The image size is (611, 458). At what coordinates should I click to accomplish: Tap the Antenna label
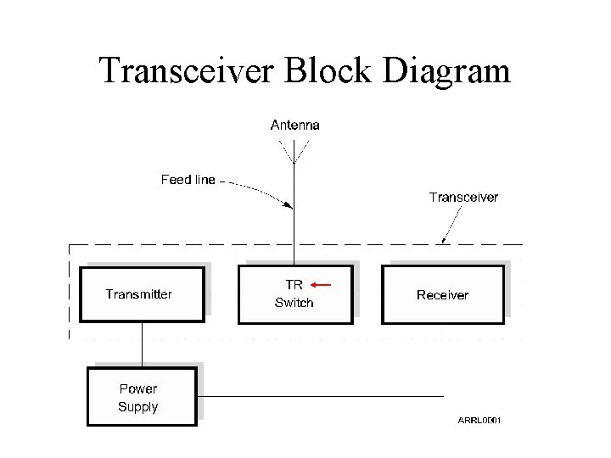[294, 125]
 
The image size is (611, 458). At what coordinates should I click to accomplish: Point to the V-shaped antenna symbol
[294, 151]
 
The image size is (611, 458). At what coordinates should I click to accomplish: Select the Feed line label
[188, 180]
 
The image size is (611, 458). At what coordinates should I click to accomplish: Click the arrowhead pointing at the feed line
[289, 204]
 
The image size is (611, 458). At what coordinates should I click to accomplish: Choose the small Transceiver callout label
[463, 197]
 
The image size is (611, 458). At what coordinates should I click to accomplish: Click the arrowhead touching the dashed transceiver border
[444, 243]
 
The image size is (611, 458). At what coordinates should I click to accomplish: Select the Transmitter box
[143, 294]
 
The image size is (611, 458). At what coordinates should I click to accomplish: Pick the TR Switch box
[294, 294]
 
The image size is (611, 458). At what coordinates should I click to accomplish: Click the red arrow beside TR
[320, 285]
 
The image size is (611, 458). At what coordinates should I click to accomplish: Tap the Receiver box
[442, 294]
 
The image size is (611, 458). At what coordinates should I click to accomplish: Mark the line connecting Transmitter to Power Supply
[142, 344]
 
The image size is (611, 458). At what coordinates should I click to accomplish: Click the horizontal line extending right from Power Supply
[322, 396]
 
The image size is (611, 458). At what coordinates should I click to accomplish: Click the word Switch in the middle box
[294, 303]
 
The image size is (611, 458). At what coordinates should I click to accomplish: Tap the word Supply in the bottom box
[137, 406]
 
